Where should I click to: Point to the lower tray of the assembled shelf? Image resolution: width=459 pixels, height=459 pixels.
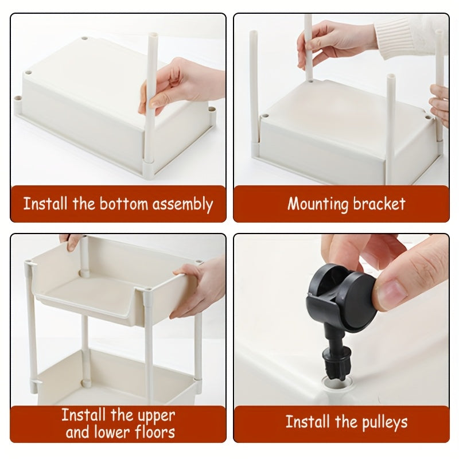(x=115, y=373)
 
